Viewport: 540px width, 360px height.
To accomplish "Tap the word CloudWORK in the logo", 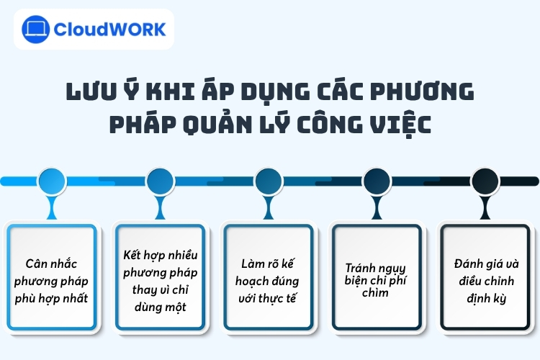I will (111, 30).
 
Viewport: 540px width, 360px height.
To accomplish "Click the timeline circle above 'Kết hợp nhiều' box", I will (160, 180).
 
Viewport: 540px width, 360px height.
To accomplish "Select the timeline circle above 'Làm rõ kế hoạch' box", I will (269, 180).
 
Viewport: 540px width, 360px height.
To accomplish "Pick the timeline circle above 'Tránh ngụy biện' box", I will (377, 180).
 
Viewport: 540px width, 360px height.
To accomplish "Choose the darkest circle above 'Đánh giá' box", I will (485, 180).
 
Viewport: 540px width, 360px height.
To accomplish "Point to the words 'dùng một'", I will (160, 307).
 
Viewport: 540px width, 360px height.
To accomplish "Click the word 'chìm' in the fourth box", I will (376, 292).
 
